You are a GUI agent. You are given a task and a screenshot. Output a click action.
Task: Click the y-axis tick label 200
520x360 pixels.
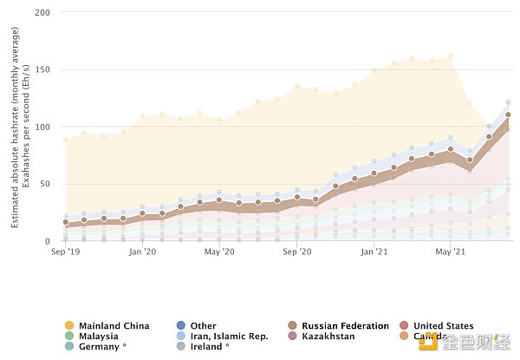42,12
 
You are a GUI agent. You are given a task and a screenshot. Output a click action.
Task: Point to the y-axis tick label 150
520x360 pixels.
42,69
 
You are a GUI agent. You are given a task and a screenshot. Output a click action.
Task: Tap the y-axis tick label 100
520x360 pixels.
42,127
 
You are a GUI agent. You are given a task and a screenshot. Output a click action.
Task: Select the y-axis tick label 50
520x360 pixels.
44,184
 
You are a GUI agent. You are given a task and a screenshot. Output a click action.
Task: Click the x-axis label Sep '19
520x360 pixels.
66,252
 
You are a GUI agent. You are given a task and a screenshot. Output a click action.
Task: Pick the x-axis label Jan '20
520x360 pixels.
142,252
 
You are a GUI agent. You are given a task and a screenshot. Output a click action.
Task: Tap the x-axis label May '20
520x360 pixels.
220,252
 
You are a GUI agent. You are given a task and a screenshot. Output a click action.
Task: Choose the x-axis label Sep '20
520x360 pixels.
297,252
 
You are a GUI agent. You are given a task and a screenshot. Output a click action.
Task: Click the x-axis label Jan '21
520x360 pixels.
374,252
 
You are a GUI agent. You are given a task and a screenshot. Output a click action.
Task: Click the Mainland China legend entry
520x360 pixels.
114,326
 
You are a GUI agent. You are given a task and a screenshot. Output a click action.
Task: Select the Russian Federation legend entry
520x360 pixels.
337,326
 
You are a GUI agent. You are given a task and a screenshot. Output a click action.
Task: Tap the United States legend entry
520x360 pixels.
444,326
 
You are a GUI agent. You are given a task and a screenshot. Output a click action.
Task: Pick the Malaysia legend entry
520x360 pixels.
99,337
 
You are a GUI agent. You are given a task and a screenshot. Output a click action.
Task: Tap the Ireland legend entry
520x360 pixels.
210,347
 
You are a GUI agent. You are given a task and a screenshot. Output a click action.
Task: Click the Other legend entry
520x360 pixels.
203,326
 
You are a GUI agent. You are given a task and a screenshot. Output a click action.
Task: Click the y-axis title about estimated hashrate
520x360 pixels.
22,125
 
